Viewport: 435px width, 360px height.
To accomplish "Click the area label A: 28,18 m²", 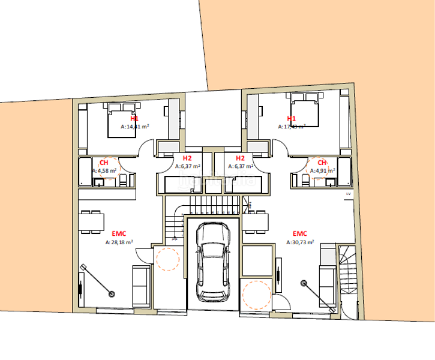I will [x=119, y=243].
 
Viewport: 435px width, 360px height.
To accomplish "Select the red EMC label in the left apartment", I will [x=119, y=233].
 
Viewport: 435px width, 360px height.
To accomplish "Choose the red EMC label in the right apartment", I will [x=300, y=233].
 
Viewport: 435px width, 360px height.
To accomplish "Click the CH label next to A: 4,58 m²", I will [x=104, y=163].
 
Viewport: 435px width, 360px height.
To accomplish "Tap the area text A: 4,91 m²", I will [x=322, y=170].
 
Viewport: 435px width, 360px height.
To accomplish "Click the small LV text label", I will [x=347, y=195].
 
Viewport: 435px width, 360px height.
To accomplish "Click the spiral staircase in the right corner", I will [x=348, y=270].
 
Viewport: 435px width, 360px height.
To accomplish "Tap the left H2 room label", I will [x=187, y=158].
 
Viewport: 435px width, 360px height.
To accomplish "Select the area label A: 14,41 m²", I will [x=134, y=127].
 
